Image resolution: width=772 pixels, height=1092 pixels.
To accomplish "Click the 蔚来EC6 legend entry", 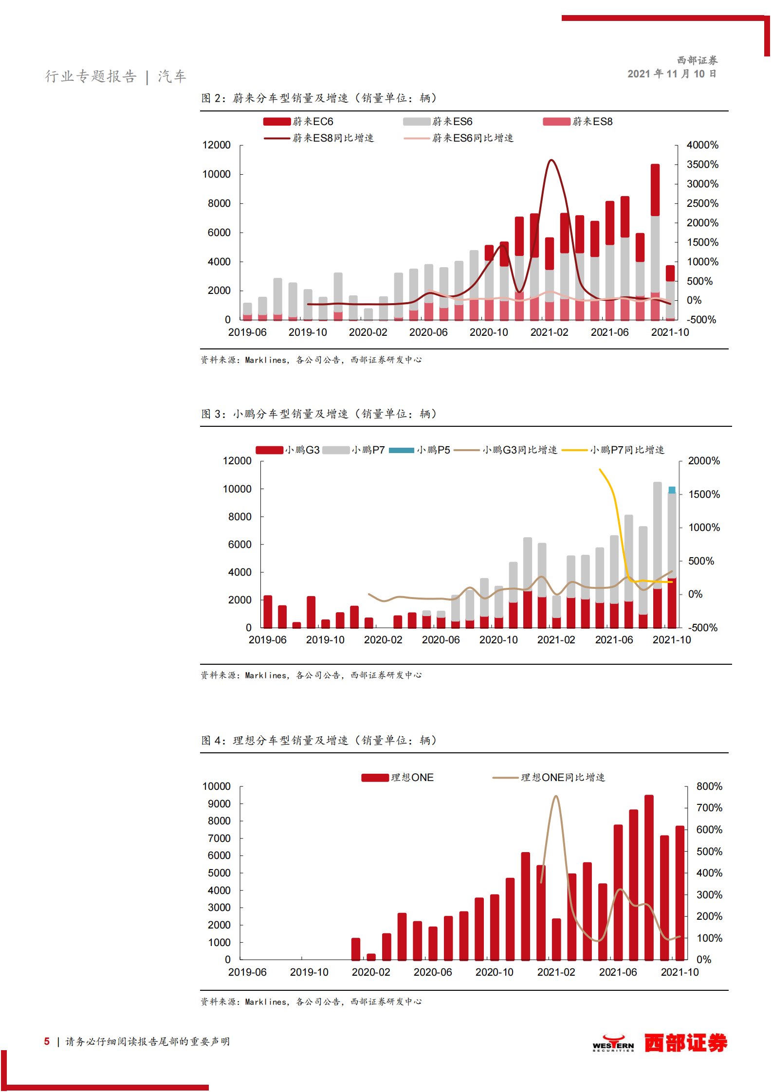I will [298, 122].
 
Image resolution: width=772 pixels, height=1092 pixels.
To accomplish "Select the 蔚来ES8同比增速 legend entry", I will [319, 138].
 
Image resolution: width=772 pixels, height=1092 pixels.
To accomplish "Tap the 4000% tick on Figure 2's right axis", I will [702, 145].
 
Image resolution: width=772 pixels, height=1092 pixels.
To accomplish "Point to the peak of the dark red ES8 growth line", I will [551, 160].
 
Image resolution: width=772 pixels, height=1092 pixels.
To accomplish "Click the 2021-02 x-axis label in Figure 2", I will [549, 332].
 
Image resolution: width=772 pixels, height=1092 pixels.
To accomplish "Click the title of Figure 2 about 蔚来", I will [319, 98].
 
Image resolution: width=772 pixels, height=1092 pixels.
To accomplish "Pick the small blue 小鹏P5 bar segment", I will [672, 490].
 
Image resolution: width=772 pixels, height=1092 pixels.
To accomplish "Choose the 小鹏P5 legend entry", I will [420, 450].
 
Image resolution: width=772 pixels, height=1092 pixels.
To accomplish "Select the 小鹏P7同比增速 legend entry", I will [613, 450].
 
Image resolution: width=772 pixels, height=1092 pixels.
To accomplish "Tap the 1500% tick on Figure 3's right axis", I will [704, 494].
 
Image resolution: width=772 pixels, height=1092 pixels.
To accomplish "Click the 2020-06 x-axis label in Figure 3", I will [441, 640].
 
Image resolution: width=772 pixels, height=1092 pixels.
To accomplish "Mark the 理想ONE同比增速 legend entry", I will [549, 778].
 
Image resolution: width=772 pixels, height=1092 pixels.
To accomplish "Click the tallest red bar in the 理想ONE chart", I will [649, 876].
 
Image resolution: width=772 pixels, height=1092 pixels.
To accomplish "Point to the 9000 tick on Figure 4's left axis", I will [219, 804].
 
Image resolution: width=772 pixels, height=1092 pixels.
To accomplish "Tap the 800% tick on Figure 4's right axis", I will [709, 786].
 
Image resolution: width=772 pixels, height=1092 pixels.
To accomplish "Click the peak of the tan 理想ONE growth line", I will [556, 796].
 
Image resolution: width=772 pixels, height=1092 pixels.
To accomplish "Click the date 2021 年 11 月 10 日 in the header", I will [671, 74].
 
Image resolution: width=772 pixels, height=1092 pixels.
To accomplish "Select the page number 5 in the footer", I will [47, 1041].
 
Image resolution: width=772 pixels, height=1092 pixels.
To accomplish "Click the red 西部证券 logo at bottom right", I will [685, 1043].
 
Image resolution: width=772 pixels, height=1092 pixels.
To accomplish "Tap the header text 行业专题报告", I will [91, 76].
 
